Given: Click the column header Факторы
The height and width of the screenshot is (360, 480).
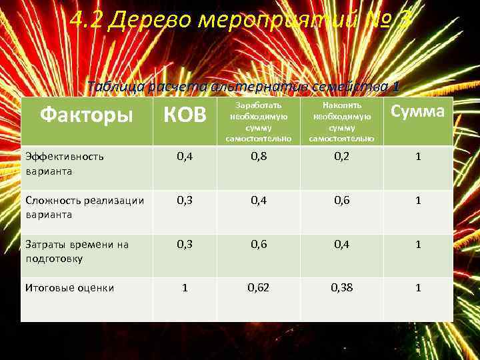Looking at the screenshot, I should point(86,115).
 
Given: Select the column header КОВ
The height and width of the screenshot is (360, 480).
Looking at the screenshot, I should point(185,115).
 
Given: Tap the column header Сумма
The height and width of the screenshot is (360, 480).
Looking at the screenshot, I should point(417,111).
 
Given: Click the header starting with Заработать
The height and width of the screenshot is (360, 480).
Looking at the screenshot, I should point(259,122).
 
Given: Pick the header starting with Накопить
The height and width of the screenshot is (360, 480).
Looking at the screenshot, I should point(342,122).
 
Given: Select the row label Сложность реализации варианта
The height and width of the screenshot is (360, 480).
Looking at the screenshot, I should point(84,207).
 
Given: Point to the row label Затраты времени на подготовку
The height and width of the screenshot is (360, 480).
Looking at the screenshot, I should point(77,251).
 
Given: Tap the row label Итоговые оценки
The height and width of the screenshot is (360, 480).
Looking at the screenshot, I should point(69,288).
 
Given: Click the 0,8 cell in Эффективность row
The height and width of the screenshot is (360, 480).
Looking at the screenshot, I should point(259,157).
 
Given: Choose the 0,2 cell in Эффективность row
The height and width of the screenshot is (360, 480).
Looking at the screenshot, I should point(342,157).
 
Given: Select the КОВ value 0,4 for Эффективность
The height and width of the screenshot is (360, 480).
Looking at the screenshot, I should point(185,157).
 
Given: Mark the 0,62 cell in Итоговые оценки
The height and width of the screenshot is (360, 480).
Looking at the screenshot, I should point(259,288).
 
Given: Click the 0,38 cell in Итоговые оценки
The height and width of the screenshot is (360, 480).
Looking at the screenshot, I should point(342,288).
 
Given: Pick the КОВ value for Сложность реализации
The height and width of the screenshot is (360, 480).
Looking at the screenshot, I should point(185,200).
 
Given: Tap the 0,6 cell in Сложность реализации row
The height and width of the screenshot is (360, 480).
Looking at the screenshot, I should point(342,200).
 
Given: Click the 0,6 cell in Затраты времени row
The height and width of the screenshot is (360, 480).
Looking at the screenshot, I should point(259,244).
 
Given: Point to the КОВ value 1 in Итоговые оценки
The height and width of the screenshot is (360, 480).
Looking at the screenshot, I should point(185,288).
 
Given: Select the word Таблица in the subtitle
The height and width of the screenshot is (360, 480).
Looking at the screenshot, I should point(113,87).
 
